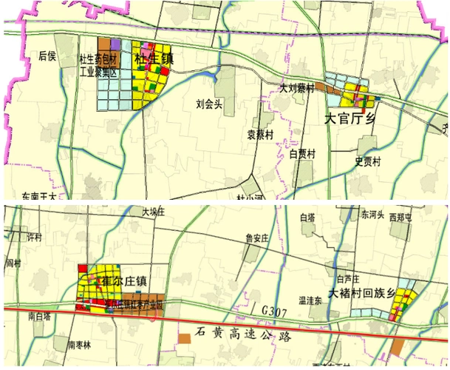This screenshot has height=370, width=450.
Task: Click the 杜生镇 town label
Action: click(154, 58)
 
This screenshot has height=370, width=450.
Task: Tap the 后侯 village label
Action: click(47, 55)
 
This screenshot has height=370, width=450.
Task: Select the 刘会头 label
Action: click(209, 104)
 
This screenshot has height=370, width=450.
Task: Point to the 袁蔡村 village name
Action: click(259, 135)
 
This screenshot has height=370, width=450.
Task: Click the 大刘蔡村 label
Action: click(296, 87)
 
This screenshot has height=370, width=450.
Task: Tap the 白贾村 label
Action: click(302, 154)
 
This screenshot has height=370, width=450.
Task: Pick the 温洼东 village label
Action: click(309, 301)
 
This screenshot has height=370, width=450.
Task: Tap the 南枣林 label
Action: click(78, 345)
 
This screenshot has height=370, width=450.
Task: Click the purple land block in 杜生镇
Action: click(116, 44)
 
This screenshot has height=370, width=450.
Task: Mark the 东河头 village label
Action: click(372, 215)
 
